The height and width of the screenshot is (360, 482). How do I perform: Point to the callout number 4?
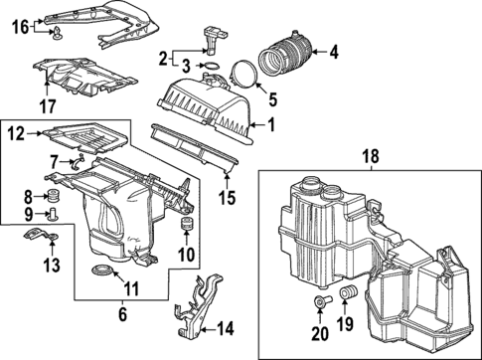click(333, 50)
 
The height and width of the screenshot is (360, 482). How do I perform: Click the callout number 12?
click(16, 130)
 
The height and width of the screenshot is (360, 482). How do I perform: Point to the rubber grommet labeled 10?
click(184, 233)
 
